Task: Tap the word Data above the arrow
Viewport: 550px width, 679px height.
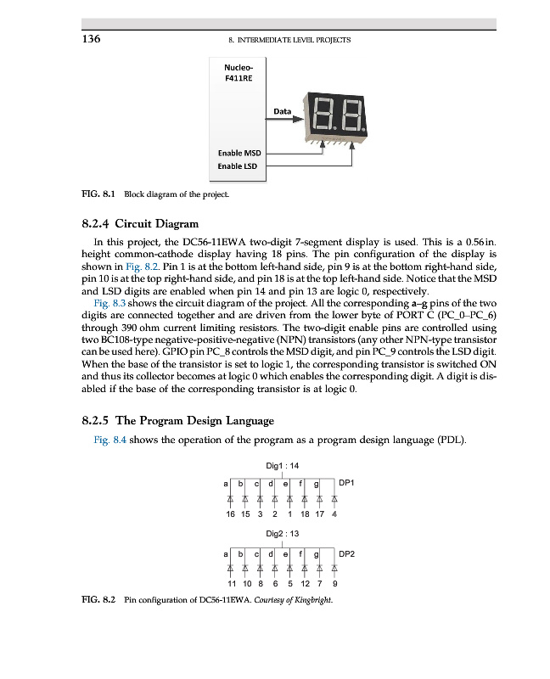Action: click(x=283, y=111)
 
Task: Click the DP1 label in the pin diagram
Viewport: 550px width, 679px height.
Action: click(x=346, y=482)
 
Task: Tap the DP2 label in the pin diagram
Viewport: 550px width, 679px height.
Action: click(x=346, y=553)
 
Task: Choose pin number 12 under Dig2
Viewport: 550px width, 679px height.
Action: click(x=304, y=583)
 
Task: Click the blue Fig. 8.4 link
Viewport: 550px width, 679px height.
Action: click(x=109, y=440)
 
